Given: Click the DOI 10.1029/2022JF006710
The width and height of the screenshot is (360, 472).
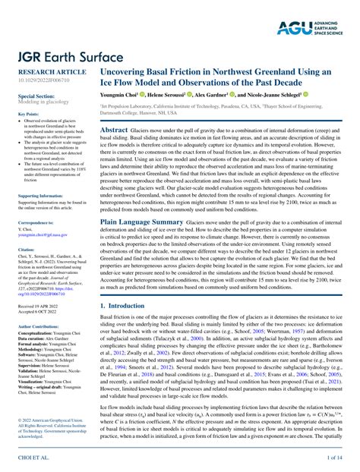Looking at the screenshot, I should pos(43,78).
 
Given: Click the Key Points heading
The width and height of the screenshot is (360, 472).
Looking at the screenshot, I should pos(28,114).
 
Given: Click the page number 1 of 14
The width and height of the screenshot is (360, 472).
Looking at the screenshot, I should pos(333,458).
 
